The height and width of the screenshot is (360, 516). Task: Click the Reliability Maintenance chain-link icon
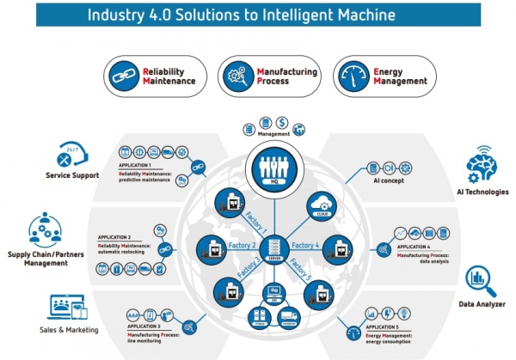(125, 74)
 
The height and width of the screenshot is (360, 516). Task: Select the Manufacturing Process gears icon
(237, 74)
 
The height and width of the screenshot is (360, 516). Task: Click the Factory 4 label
(305, 244)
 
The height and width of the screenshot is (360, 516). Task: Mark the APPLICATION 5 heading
(384, 327)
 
